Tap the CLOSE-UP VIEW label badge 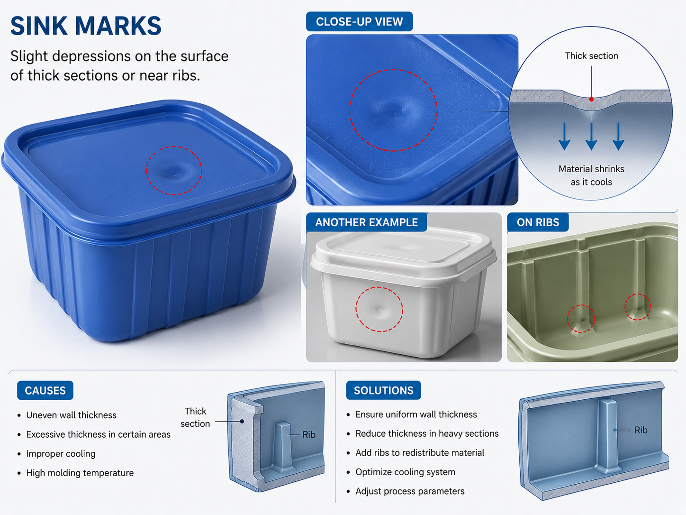359,21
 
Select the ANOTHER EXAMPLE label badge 366,222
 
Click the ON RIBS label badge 538,222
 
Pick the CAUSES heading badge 45,390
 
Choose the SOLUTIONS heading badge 383,390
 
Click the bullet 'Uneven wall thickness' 71,415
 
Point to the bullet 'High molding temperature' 80,473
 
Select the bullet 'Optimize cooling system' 405,472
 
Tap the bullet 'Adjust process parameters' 410,491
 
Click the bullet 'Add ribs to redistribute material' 420,452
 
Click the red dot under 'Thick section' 591,100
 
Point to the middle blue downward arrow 591,136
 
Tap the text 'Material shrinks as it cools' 591,175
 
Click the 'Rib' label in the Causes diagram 309,435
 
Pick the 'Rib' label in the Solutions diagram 641,430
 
